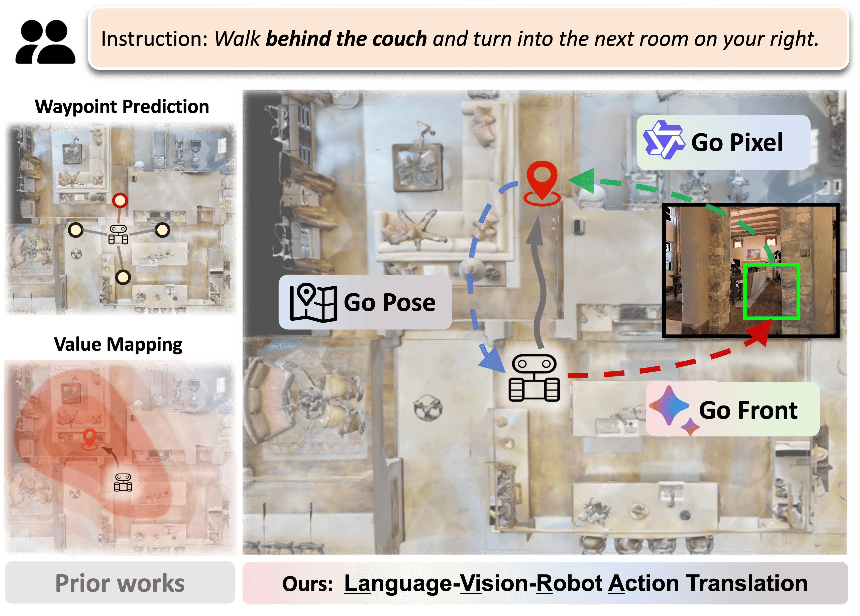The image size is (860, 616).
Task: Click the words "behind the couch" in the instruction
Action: click(346, 39)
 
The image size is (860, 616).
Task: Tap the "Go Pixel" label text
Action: click(737, 143)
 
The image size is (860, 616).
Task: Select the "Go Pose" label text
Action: click(389, 302)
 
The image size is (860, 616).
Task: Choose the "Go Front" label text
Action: click(748, 410)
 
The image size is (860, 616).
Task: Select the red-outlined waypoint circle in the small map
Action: click(120, 200)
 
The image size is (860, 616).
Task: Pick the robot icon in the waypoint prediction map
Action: click(118, 234)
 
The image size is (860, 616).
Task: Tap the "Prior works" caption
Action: click(120, 583)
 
